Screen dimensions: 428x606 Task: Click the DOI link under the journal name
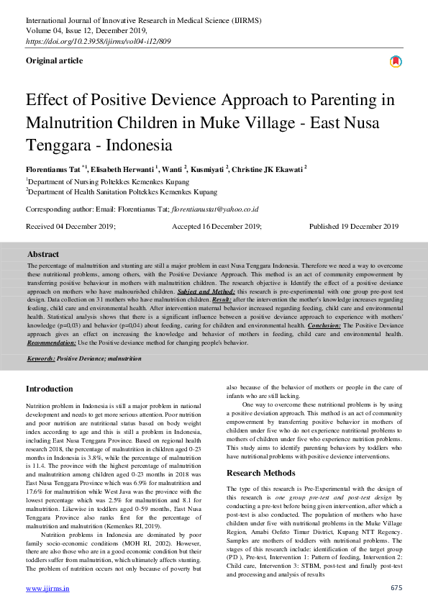click(x=89, y=42)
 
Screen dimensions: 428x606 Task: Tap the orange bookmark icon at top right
click(x=395, y=62)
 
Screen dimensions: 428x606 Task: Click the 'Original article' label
click(x=54, y=61)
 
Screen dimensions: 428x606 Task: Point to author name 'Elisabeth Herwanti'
click(x=121, y=168)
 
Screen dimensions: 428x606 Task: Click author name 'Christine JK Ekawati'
click(x=268, y=168)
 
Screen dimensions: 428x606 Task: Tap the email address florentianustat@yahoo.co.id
click(x=214, y=209)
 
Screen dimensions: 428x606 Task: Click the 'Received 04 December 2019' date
click(x=70, y=226)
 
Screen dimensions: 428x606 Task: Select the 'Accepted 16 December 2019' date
click(x=217, y=226)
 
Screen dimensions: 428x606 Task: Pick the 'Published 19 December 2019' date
click(x=353, y=226)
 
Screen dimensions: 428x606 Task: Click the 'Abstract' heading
click(x=43, y=254)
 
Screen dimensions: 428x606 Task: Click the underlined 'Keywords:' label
click(x=41, y=358)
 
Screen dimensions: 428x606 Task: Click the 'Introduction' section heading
click(x=49, y=389)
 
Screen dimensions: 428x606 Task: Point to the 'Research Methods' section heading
click(x=260, y=473)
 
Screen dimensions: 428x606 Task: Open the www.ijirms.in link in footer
click(x=47, y=588)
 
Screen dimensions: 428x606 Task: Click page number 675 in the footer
click(x=396, y=588)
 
